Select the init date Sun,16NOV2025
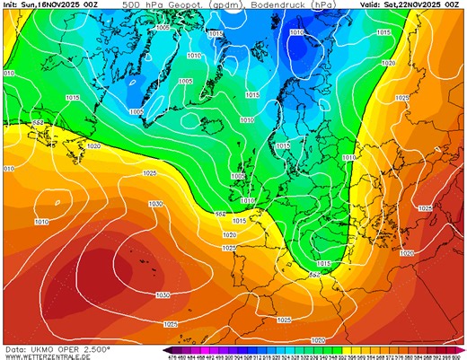tap(49, 5)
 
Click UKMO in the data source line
tap(44, 348)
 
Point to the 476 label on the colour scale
tap(170, 356)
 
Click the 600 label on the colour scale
tap(460, 356)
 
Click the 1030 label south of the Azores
tap(163, 294)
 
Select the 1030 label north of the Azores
tap(156, 204)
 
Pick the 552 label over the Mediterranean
tap(314, 273)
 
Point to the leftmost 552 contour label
tap(38, 122)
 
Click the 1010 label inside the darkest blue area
tap(296, 32)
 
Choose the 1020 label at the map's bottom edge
tap(318, 340)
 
